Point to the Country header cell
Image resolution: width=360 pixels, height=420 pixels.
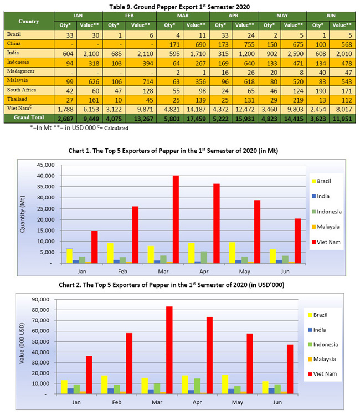pos(28,21)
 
